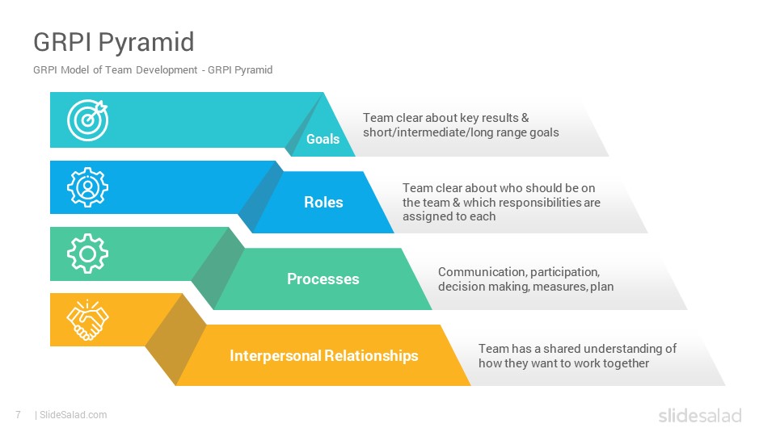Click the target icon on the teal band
pos(87,120)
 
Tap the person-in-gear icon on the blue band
pos(87,187)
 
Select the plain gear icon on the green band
pos(87,254)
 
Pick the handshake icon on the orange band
pos(87,320)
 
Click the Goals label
pos(323,140)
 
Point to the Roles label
pos(323,202)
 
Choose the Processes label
pos(323,279)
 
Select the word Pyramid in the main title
pos(146,42)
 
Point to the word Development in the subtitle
pos(167,70)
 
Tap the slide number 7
pos(19,415)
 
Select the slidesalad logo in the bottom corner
pos(700,415)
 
